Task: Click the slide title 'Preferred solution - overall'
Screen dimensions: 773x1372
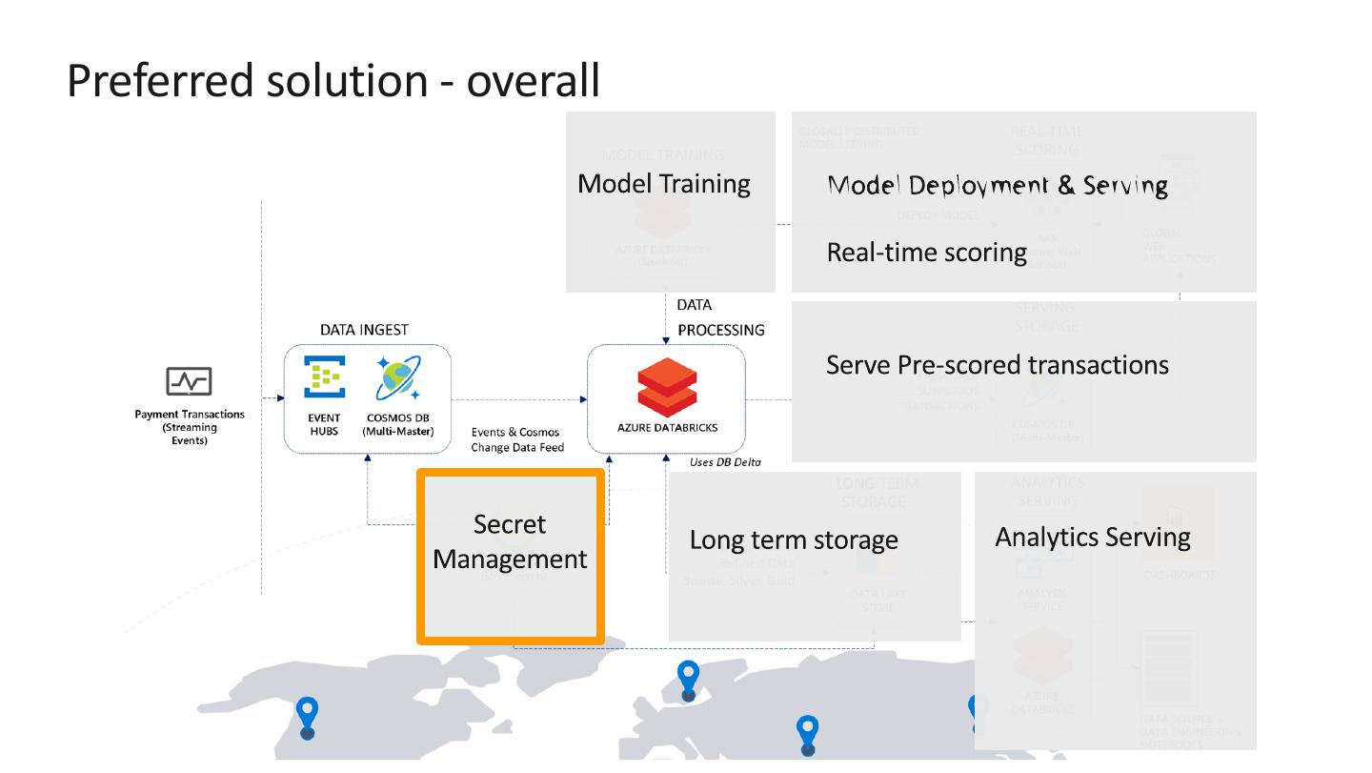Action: coord(333,80)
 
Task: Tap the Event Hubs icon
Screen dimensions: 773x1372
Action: coord(324,377)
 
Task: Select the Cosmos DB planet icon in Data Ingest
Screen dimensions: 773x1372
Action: coord(397,377)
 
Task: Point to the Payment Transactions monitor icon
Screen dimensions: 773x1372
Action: coord(189,381)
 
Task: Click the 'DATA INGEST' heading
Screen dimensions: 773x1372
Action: coord(364,330)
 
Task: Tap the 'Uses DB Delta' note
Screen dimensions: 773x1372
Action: coord(725,462)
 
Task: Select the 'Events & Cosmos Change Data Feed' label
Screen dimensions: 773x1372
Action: coord(517,439)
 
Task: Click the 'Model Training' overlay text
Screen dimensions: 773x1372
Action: coord(664,184)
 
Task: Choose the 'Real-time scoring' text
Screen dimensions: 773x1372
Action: coord(926,253)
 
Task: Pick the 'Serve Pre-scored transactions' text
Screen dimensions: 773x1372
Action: coord(997,365)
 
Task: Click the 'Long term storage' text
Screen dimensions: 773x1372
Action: coord(794,540)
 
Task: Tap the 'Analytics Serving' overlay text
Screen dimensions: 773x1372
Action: coord(1093,538)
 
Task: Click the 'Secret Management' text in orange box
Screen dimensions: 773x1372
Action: coord(510,541)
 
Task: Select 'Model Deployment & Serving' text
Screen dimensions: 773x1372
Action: coord(998,185)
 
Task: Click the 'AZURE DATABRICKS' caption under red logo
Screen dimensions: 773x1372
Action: coord(667,428)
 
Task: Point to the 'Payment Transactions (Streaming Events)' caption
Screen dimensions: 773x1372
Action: coord(189,427)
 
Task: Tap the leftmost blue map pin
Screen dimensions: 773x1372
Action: coord(307,717)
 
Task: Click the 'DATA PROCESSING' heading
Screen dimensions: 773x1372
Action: coord(720,318)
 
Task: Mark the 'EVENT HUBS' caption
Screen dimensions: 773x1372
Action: coord(324,424)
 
